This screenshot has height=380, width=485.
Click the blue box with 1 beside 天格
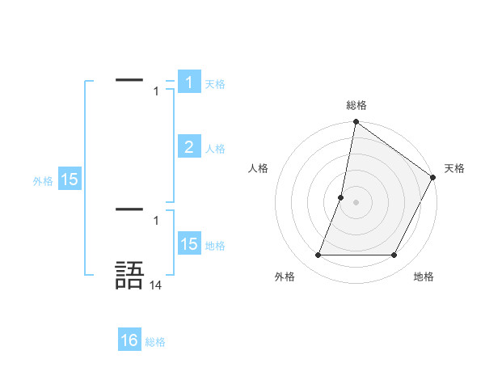(x=188, y=82)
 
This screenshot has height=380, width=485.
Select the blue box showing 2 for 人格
(x=188, y=146)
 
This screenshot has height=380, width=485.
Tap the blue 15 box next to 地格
(x=188, y=244)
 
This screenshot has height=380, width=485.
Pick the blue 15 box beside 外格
(x=70, y=179)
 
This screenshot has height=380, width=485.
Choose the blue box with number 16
(x=129, y=340)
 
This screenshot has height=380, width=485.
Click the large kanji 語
(x=129, y=275)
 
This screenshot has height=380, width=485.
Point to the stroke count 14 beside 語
(x=156, y=285)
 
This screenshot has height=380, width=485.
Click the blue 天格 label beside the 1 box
(x=215, y=84)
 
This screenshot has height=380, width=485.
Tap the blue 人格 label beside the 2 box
(x=215, y=149)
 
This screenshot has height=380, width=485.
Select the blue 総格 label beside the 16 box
(x=155, y=343)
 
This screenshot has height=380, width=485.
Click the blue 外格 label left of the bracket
(x=43, y=182)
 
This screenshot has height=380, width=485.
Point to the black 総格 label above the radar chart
(x=356, y=105)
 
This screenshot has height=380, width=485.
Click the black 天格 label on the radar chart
(x=454, y=168)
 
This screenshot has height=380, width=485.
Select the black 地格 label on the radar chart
(x=424, y=277)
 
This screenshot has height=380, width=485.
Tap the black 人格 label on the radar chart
(x=259, y=168)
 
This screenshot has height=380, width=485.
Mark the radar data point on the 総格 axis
(x=356, y=123)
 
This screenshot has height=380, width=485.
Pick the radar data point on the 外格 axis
(x=318, y=255)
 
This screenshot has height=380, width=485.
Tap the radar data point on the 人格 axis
(x=341, y=197)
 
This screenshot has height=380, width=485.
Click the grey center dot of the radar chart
(x=356, y=202)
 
